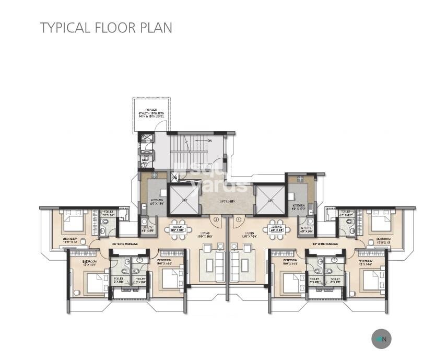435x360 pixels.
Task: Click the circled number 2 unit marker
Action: point(208,219)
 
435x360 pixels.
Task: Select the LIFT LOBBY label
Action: point(226,202)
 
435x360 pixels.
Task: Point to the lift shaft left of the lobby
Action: point(184,200)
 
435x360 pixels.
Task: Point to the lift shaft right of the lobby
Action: point(269,200)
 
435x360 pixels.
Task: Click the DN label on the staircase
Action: point(209,141)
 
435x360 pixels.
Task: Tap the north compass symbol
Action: point(381,339)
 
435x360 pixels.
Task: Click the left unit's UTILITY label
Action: point(147,228)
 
